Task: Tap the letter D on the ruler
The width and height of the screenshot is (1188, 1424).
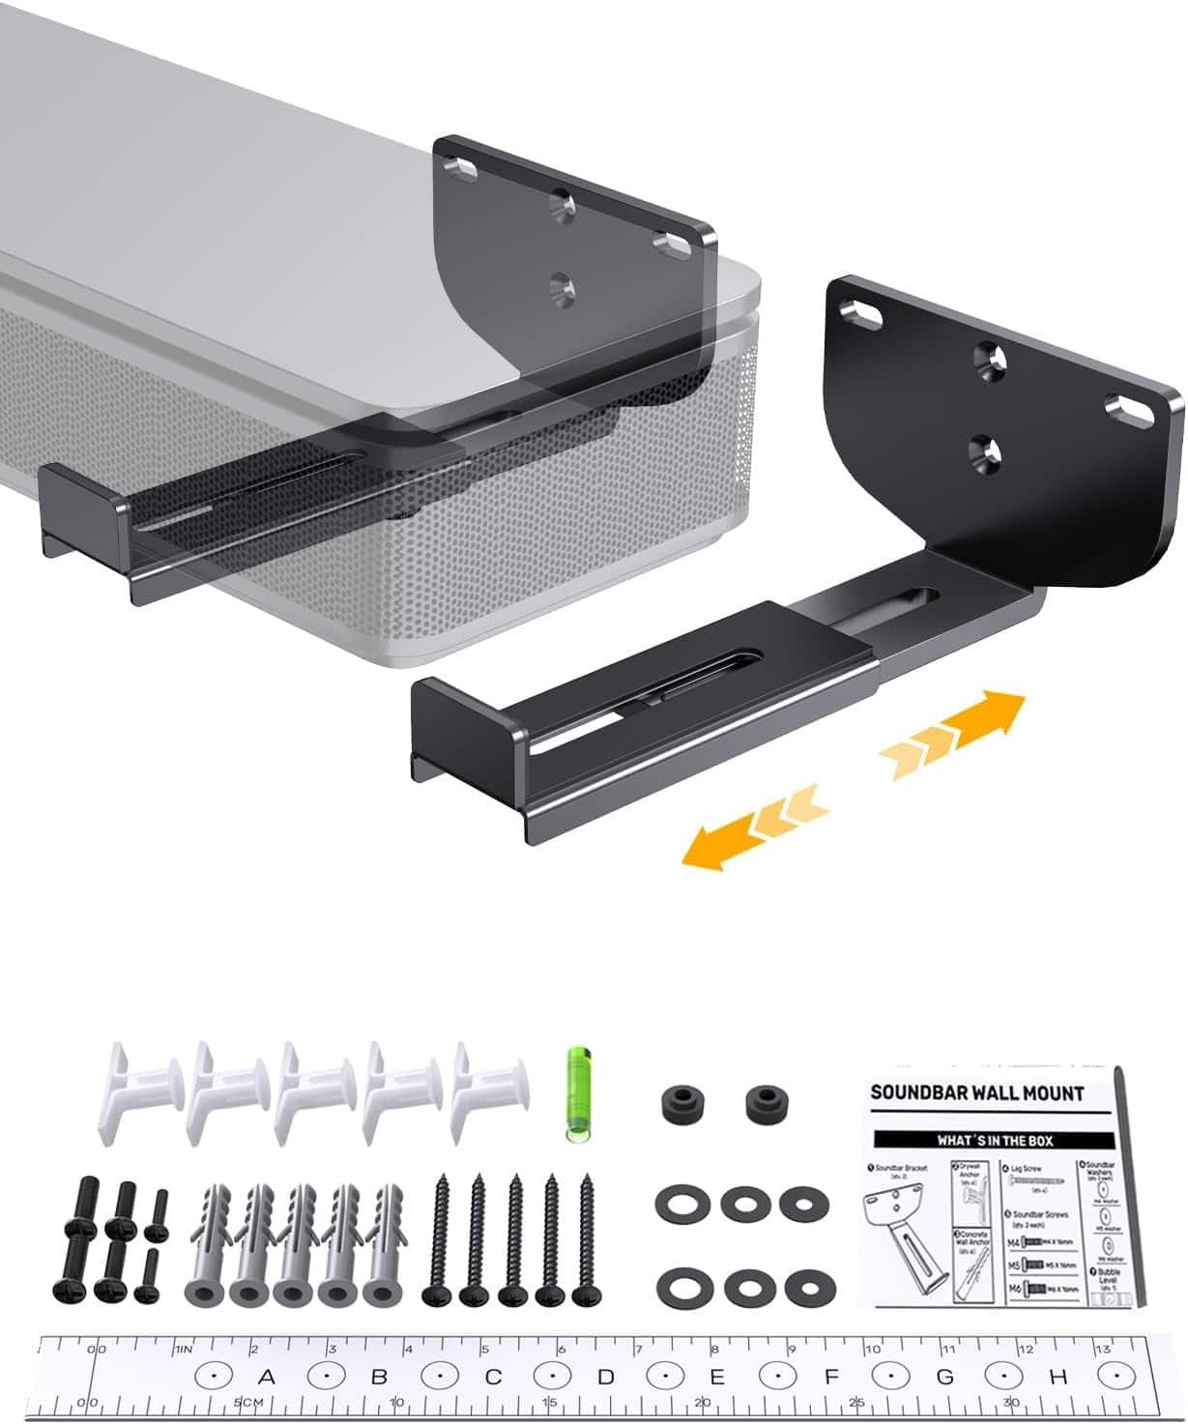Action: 605,1376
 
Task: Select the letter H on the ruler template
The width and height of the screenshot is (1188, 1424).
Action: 1058,1376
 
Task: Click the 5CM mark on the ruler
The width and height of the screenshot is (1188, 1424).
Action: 247,1402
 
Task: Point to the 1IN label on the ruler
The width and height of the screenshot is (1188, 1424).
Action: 184,1349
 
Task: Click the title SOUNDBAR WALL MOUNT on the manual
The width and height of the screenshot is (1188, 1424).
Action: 977,1093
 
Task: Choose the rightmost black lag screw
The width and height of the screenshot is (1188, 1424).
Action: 585,1239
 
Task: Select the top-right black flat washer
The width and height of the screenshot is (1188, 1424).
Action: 804,1205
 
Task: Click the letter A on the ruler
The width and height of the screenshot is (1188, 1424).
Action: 267,1376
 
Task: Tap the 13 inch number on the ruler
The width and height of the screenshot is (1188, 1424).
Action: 1102,1349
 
